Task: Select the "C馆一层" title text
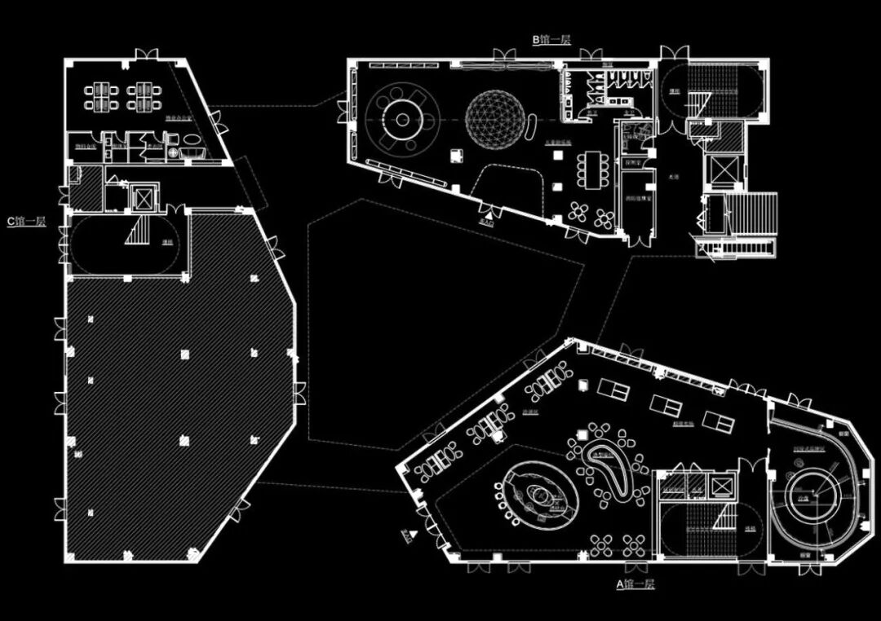tap(26, 221)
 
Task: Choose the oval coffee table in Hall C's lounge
tap(194, 139)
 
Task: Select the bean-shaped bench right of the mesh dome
tap(531, 127)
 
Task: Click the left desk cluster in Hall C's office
tap(100, 97)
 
